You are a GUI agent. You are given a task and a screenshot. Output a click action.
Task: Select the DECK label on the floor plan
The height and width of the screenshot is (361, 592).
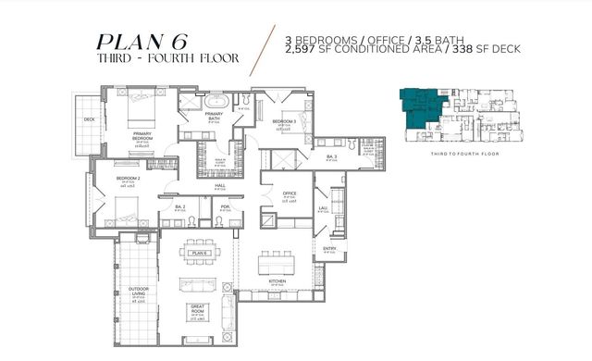[90, 118]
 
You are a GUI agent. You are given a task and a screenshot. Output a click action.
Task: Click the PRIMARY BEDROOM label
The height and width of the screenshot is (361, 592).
[142, 136]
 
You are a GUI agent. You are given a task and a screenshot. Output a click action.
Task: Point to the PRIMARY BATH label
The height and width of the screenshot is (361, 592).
[213, 116]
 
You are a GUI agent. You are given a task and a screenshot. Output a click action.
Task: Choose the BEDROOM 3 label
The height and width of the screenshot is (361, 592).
[284, 121]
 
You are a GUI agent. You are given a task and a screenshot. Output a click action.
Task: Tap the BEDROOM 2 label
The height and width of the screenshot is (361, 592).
[128, 178]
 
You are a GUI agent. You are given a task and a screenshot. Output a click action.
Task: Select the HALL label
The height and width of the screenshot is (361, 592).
[220, 186]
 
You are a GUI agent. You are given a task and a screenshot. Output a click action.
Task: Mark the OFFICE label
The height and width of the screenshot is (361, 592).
[289, 193]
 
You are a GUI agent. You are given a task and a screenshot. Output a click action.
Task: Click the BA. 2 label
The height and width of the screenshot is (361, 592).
[179, 206]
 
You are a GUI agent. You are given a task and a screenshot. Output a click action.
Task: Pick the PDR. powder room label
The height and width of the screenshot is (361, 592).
[224, 206]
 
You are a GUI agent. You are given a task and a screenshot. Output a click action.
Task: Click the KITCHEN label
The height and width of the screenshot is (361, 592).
[277, 280]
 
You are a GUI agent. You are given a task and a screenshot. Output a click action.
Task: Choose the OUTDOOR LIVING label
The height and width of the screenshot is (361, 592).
[142, 291]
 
